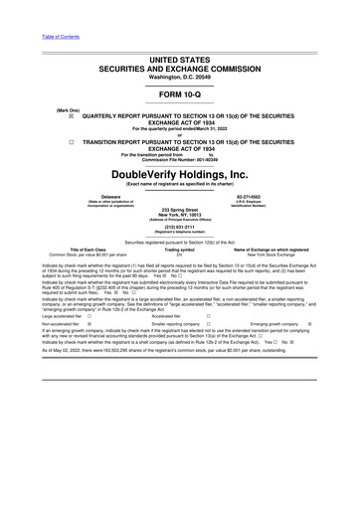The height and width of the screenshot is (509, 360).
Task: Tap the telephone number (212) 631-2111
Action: [x=180, y=224]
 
